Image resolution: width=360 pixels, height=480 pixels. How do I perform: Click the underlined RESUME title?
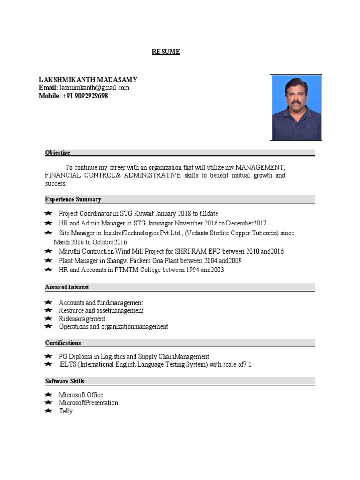coord(166,52)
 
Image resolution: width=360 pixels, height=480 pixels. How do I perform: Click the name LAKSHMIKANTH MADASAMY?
coord(88,80)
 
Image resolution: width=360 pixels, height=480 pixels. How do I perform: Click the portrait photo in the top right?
coord(295,107)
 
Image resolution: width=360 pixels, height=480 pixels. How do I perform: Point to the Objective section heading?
coord(58,153)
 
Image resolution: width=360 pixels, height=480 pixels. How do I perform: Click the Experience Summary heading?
coord(73,199)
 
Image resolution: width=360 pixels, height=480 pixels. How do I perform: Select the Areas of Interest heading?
coord(67,287)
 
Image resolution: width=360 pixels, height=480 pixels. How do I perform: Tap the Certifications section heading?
coord(63,343)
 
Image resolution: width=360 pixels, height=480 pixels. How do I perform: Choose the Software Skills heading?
coord(65,381)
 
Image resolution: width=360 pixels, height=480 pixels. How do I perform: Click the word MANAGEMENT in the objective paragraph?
coord(260,167)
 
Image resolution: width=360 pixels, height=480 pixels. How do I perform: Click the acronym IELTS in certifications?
coord(67,365)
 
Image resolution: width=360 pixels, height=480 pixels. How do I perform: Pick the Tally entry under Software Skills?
coord(66,411)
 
